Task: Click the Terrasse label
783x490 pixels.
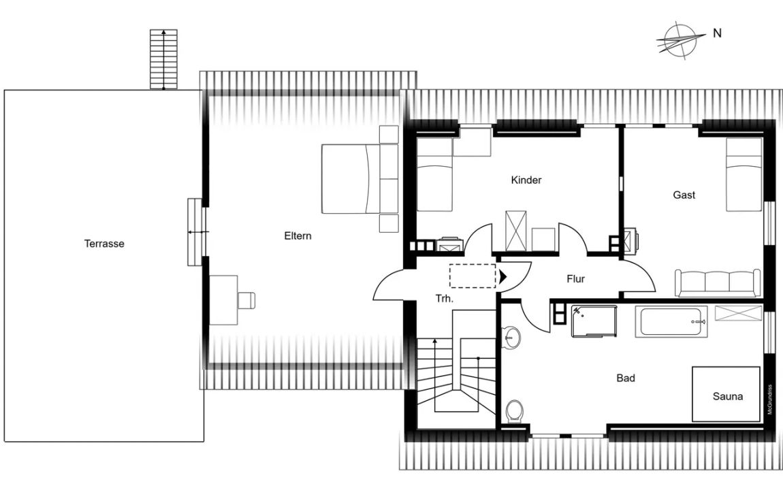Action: tap(104, 244)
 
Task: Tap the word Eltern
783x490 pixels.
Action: tap(298, 236)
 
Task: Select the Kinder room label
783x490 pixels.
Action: tap(526, 180)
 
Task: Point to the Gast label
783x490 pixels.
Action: tap(684, 195)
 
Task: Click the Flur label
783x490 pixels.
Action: tap(575, 279)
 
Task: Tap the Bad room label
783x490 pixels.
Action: tap(625, 378)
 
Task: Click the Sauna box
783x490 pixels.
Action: tap(726, 394)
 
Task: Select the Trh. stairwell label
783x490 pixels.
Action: tap(445, 299)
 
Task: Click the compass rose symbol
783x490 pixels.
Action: tap(677, 41)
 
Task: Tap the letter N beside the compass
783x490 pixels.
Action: tap(717, 33)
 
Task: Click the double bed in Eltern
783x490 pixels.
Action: tap(359, 179)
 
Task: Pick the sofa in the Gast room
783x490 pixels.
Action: tap(718, 282)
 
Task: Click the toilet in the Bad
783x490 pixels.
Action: tap(514, 411)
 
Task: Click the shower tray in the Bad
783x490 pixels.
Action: tap(594, 321)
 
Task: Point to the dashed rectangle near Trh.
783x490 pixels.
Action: tap(473, 276)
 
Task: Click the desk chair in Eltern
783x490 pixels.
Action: tap(246, 300)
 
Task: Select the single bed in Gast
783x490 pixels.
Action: tap(744, 175)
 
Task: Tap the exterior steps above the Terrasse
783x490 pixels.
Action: tap(164, 59)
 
